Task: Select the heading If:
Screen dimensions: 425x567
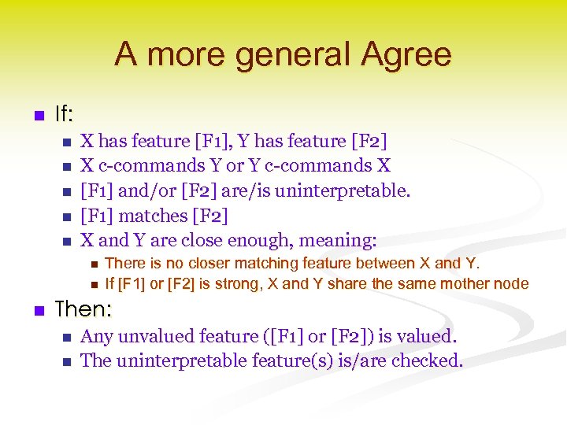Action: point(64,115)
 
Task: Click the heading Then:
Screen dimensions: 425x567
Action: point(87,309)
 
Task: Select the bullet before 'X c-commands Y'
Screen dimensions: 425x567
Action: point(66,167)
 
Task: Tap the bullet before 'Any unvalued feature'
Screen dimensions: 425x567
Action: point(66,338)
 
